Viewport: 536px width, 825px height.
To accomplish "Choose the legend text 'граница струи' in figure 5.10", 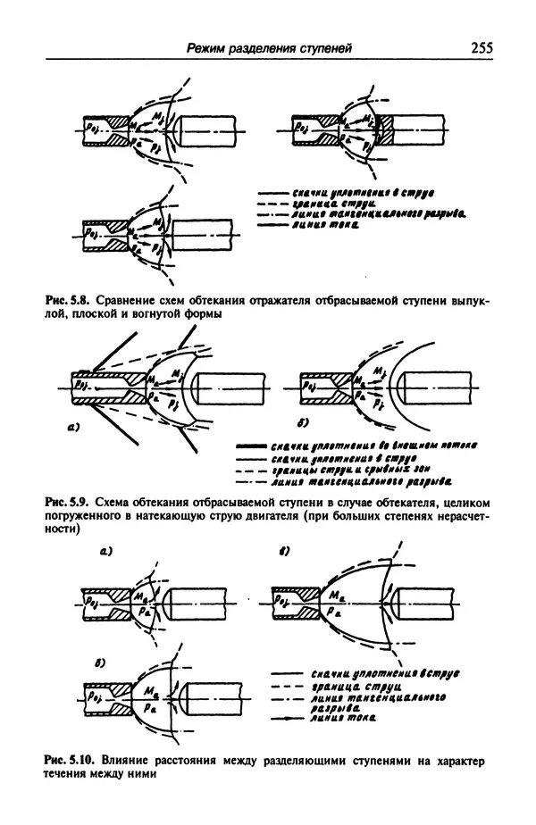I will pos(348,690).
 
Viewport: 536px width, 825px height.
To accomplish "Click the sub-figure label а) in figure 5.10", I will pos(105,554).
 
